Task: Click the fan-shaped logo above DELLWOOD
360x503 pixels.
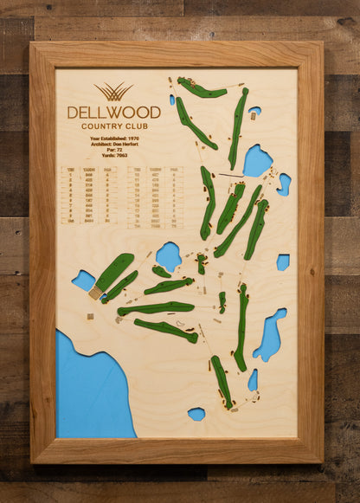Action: [113, 92]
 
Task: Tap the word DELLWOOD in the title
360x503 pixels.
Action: [113, 112]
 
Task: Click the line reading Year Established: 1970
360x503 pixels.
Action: [113, 139]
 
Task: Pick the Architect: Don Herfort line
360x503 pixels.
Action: [113, 145]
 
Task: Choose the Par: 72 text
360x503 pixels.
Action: [113, 151]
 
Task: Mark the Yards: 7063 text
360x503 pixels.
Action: [113, 157]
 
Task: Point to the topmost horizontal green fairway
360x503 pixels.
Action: [202, 88]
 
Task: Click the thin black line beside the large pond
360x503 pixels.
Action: [231, 176]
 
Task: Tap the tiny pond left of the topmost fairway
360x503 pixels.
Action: [173, 100]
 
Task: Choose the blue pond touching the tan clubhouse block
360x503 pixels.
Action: [84, 280]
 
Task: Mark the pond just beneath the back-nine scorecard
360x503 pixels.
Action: [168, 255]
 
